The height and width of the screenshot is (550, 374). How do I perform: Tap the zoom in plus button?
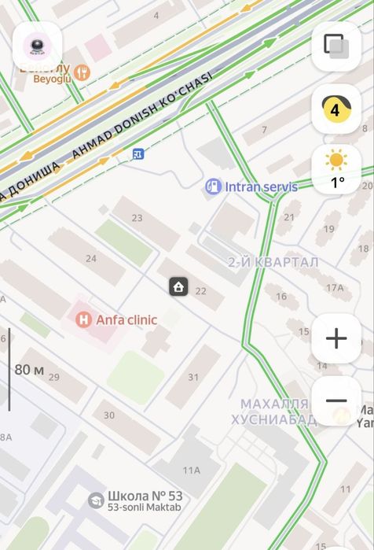[x=336, y=339]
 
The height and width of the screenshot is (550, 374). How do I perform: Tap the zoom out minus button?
[x=336, y=401]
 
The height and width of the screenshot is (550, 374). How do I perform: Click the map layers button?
[x=336, y=46]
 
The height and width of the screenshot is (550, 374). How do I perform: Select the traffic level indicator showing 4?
[x=336, y=109]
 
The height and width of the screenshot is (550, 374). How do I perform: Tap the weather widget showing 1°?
[x=336, y=170]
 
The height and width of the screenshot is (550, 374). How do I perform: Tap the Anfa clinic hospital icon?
[x=82, y=320]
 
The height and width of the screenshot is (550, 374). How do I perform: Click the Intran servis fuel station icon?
[x=212, y=186]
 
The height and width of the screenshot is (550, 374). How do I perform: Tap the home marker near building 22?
[x=178, y=286]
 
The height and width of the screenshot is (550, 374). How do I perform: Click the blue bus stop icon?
[x=138, y=154]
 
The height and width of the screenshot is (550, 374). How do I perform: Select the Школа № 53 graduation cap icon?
[x=95, y=500]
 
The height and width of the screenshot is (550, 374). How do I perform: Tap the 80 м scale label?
[x=29, y=369]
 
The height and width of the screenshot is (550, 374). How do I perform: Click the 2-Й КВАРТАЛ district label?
[x=273, y=262]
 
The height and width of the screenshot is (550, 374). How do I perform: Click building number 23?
[x=137, y=218]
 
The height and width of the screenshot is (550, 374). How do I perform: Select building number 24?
[x=91, y=258]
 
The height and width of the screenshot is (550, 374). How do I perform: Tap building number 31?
[x=193, y=377]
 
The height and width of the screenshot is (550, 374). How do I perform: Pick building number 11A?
[x=192, y=471]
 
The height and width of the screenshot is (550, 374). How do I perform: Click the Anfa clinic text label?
[x=126, y=320]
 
